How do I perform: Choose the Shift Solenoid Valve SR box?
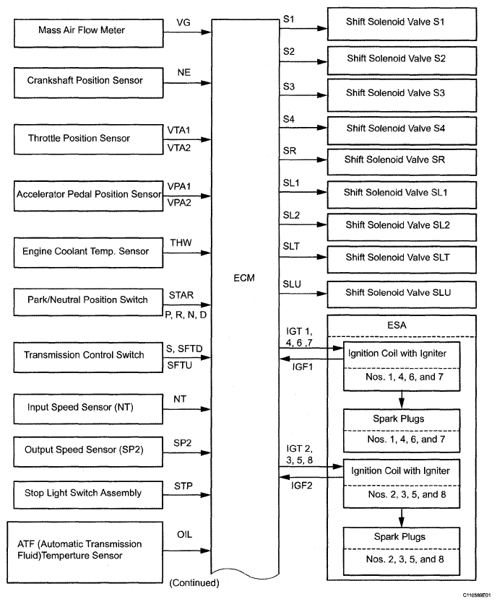click(402, 159)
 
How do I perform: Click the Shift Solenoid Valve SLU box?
click(402, 292)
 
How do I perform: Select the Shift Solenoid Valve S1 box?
click(402, 23)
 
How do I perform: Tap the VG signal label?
click(183, 23)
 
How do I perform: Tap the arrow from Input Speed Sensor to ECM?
click(188, 409)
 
